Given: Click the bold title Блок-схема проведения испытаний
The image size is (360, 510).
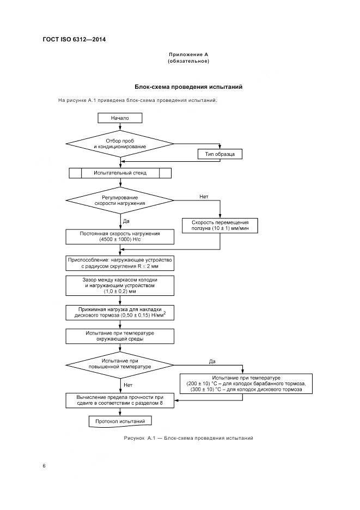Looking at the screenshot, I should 188,87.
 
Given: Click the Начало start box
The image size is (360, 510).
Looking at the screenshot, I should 120,118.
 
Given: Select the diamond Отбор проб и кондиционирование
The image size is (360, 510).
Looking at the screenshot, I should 120,144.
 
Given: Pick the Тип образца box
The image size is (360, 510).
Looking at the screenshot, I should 219,155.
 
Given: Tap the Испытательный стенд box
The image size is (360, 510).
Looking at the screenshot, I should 120,173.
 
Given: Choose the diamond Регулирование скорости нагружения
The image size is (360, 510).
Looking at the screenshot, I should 120,200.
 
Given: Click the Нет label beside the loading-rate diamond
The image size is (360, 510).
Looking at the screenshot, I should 204,196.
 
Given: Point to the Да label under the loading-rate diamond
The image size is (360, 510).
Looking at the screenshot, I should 126,221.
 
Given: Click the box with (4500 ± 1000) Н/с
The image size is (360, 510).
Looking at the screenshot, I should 120,236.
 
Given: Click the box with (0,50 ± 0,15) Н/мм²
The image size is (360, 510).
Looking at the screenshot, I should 120,313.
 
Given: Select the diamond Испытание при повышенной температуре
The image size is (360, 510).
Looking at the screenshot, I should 120,364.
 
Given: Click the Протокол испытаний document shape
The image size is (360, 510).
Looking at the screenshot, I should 120,421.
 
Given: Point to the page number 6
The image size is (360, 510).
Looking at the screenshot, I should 44,466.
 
